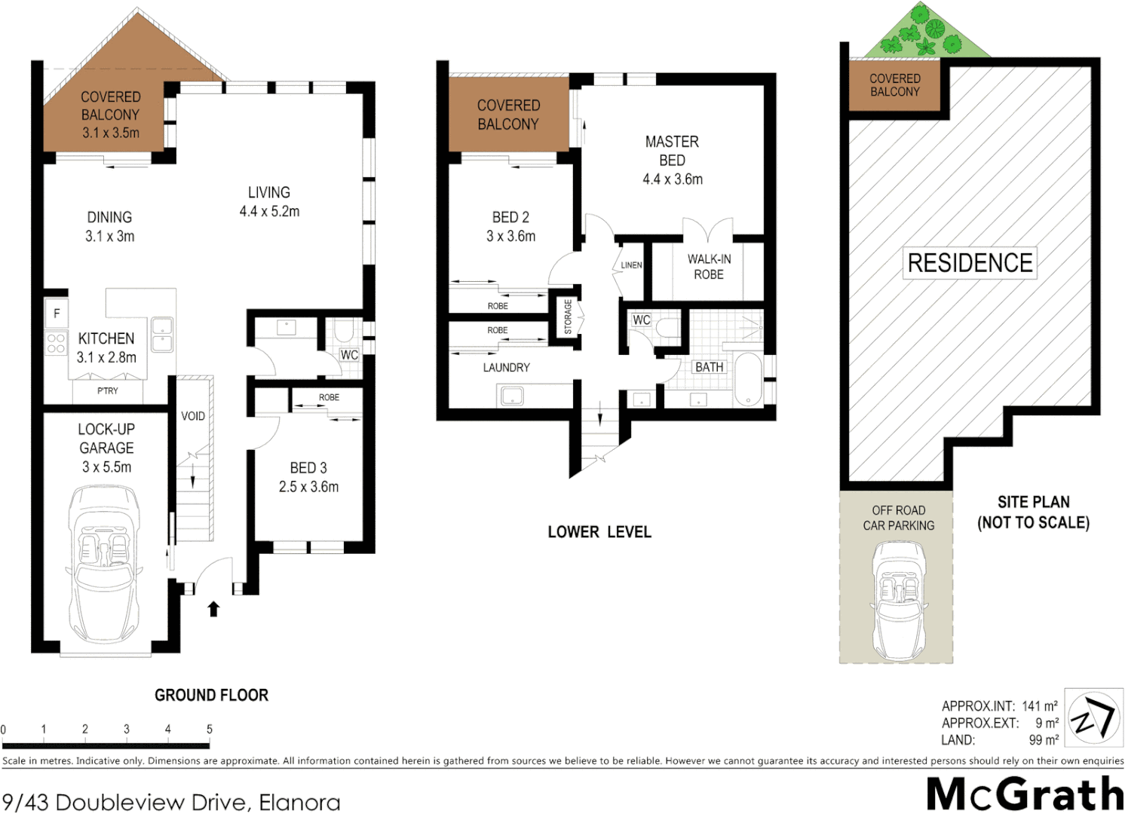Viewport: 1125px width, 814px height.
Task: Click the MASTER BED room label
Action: [672, 151]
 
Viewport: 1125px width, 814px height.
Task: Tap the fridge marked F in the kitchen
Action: [57, 314]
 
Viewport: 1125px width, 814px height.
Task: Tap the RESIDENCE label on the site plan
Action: [970, 263]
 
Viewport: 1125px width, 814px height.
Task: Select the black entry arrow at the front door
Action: [213, 608]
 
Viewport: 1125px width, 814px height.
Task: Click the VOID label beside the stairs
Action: [193, 416]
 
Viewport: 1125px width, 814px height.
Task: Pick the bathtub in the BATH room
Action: [748, 378]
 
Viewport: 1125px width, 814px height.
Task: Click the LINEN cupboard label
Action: [631, 265]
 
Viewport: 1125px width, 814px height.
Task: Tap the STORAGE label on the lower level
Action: [569, 317]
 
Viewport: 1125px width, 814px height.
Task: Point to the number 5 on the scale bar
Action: [210, 729]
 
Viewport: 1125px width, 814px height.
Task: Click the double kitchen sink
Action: [162, 335]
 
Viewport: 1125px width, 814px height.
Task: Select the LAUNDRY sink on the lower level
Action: [510, 396]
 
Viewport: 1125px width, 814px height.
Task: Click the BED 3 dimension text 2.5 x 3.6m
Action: [308, 487]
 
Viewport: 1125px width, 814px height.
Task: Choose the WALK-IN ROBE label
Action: [709, 267]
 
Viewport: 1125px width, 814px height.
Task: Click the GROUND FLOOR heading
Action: [211, 695]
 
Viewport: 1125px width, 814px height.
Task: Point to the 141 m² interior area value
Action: [1040, 706]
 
